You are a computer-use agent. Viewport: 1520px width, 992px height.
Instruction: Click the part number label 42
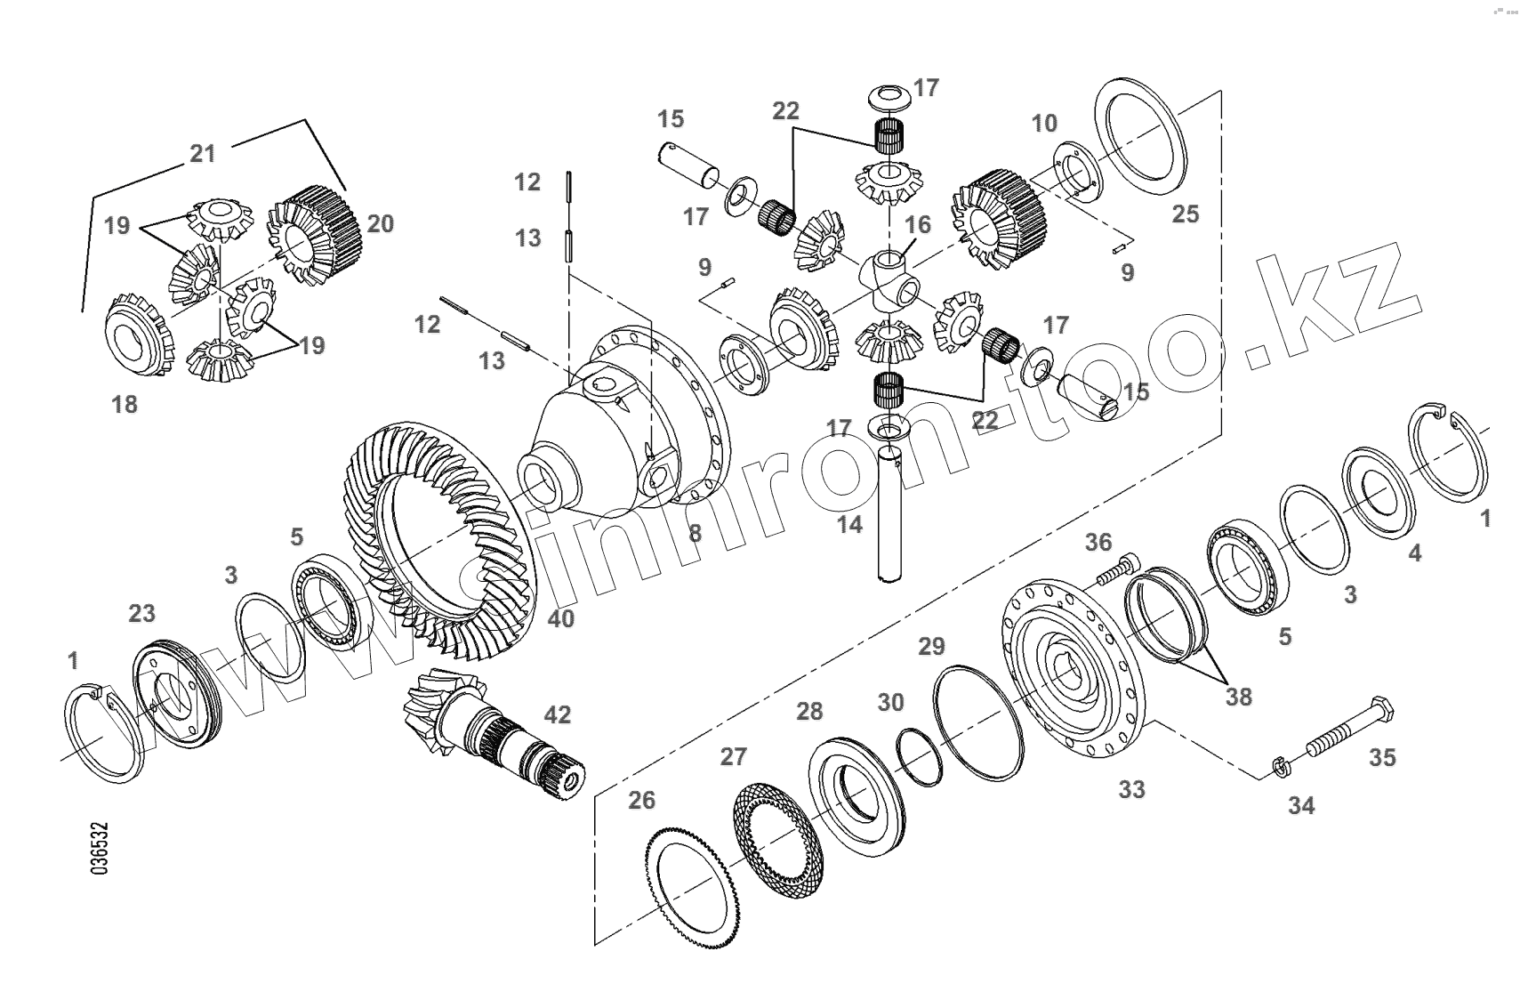tap(558, 714)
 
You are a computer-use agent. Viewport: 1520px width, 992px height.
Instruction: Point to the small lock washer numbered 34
tap(1278, 766)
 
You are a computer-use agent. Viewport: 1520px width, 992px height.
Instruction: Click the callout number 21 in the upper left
tap(203, 154)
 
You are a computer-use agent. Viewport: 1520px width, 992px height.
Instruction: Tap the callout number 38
tap(1238, 697)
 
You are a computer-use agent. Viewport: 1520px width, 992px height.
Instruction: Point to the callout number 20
tap(380, 223)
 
